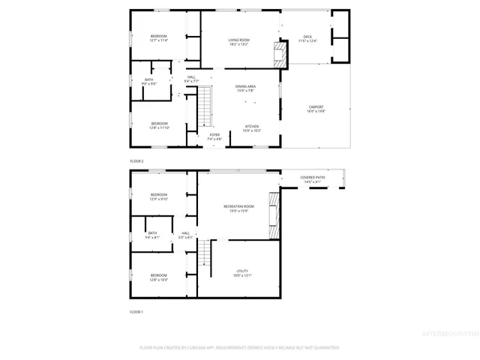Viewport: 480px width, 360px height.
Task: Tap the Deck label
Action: click(x=307, y=37)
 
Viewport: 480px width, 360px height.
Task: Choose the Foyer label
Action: click(x=214, y=136)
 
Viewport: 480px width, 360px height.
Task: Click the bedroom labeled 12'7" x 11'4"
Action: click(x=158, y=38)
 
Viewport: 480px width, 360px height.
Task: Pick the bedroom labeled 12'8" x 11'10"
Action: click(x=159, y=125)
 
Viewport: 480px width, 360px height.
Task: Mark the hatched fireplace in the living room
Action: click(x=279, y=55)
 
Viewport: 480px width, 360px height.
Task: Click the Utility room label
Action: click(x=241, y=273)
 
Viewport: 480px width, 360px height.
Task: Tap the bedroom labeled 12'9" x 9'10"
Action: click(x=159, y=197)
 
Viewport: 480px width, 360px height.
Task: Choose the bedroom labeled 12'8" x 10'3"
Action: click(x=158, y=277)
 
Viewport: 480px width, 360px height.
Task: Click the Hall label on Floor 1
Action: click(x=185, y=235)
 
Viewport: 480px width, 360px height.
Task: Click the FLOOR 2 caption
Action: click(x=136, y=161)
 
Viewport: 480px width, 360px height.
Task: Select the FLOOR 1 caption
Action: click(x=136, y=311)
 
